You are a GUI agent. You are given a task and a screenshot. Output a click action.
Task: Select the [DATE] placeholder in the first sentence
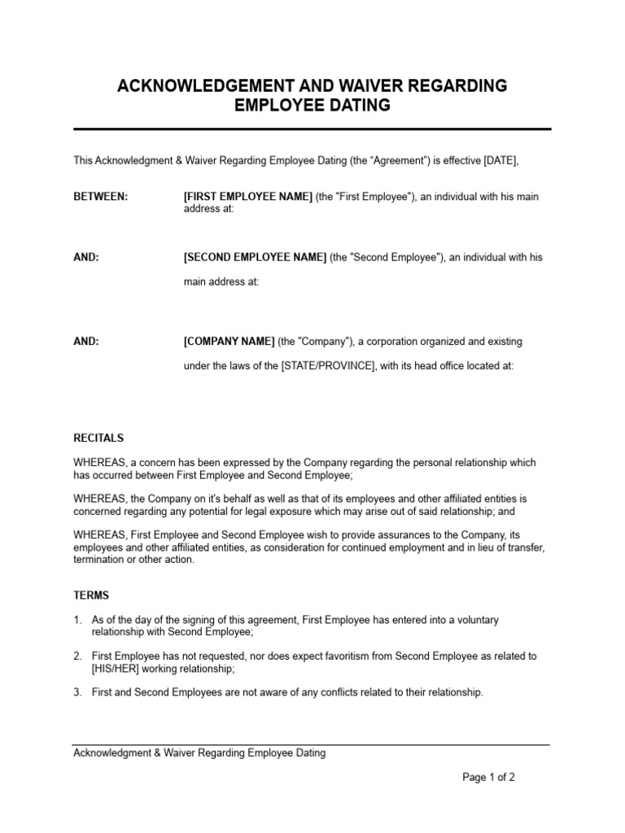(500, 161)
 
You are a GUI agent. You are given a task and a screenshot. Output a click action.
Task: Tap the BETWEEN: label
(101, 198)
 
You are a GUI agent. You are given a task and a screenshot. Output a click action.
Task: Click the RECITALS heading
(99, 438)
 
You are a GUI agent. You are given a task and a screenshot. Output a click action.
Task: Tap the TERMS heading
(91, 595)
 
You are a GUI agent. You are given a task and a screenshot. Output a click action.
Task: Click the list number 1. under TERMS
(77, 620)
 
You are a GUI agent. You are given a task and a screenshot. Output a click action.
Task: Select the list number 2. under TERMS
(77, 656)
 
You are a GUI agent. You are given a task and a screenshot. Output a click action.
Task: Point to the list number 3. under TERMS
(77, 692)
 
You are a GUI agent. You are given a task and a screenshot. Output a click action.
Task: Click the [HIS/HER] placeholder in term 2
(117, 669)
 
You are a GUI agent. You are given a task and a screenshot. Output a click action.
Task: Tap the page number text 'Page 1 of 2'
(488, 777)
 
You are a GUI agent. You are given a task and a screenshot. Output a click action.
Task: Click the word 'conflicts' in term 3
(310, 692)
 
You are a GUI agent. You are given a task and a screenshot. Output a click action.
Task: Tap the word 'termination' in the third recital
(99, 560)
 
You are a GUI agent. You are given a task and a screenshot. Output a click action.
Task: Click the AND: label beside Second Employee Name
(86, 257)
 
